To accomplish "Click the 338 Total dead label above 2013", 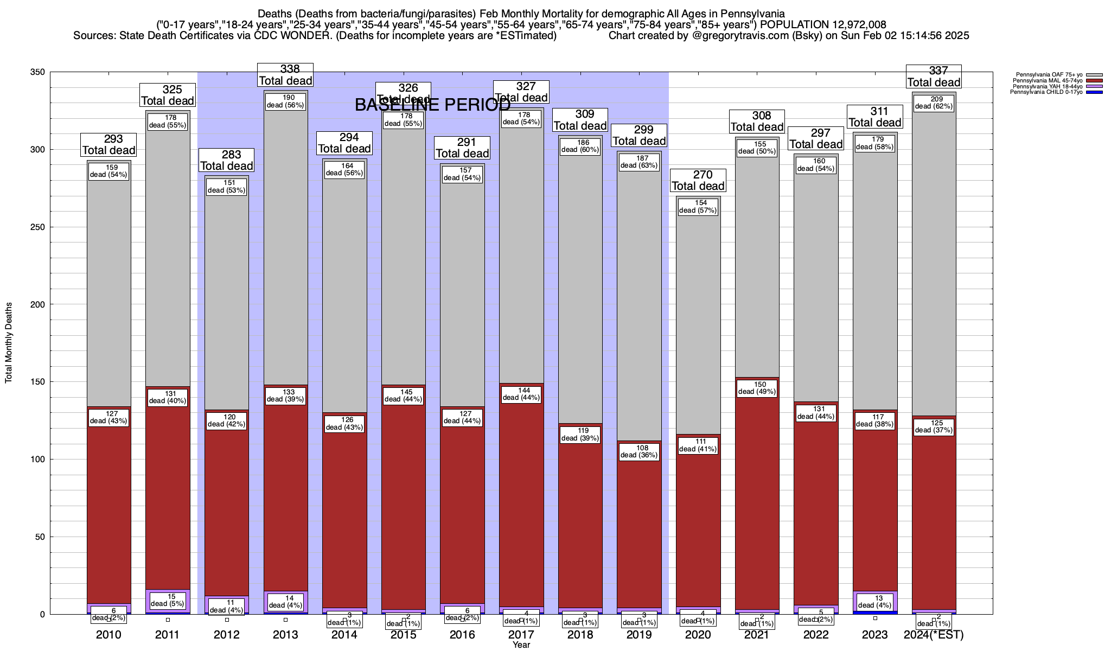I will (x=285, y=75).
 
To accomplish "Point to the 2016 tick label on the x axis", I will (x=462, y=635).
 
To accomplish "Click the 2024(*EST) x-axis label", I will (x=934, y=635).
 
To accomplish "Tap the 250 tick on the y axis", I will (x=39, y=227).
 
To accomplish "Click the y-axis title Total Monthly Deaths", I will (x=9, y=343).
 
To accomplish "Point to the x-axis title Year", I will (x=521, y=645).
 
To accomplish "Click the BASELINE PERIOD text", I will (x=432, y=105).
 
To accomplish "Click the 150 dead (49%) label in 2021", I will (x=757, y=388).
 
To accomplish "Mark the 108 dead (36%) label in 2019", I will (x=639, y=451).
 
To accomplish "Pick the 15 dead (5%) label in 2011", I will (x=168, y=599).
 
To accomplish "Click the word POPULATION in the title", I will (x=794, y=24).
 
